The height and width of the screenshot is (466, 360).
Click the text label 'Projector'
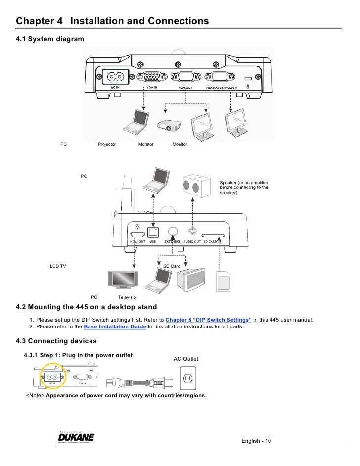tap(107, 144)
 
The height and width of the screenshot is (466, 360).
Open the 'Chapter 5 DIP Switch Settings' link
tap(208, 320)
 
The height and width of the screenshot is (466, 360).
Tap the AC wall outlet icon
tap(187, 378)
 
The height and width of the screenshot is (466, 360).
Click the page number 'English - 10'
tap(256, 441)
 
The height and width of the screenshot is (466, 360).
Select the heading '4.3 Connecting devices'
tap(56, 341)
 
